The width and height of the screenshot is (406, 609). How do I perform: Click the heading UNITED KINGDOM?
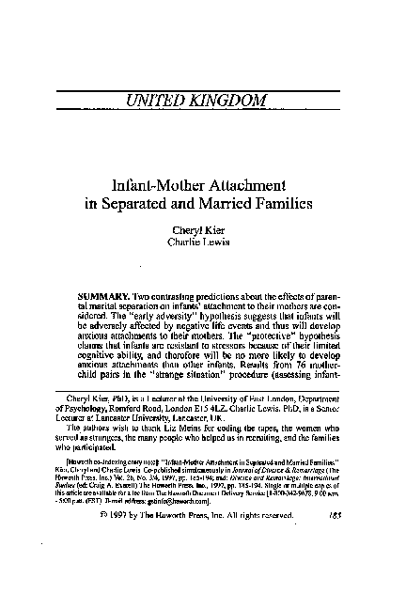tap(203, 99)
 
